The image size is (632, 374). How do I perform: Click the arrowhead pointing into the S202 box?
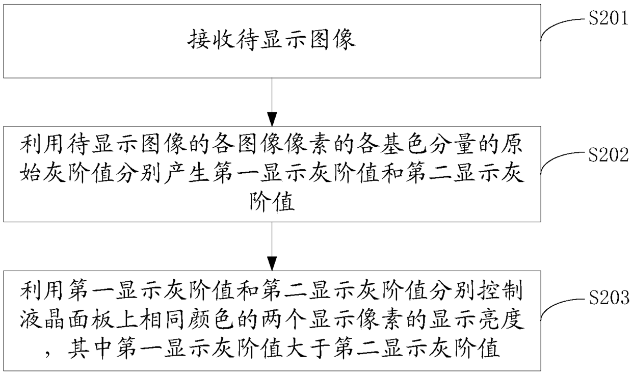click(x=272, y=119)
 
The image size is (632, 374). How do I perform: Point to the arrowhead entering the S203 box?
click(x=272, y=264)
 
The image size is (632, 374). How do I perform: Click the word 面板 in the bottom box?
click(x=91, y=319)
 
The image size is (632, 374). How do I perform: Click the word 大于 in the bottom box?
click(x=308, y=349)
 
